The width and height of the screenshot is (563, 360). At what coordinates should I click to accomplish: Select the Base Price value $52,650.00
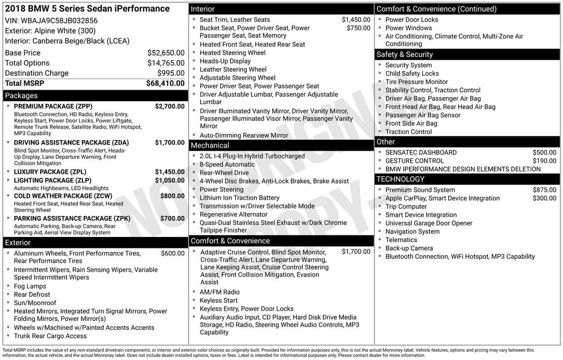165,53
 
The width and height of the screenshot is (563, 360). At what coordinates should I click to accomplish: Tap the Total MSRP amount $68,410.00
165,84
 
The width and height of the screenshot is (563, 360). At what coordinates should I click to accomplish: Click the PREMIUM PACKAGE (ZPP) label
53,106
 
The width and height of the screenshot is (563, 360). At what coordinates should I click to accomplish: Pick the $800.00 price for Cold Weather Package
172,196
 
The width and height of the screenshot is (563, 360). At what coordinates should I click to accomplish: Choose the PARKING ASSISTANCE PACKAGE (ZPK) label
72,218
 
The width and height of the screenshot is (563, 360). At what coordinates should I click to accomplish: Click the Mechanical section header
209,146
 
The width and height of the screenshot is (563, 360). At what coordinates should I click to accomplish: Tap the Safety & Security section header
405,54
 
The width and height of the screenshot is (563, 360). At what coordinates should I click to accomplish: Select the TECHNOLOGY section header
400,179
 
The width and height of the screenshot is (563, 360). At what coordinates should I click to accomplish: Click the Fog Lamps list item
30,286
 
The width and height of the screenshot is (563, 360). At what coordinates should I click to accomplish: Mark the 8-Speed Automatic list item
227,164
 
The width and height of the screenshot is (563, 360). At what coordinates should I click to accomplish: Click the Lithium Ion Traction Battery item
239,198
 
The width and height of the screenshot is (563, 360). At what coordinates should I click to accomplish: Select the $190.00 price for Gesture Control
544,161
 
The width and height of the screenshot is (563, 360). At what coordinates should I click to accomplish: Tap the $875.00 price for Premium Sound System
544,190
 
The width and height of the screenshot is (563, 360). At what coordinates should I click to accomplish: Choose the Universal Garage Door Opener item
429,223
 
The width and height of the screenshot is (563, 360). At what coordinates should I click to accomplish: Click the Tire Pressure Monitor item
417,82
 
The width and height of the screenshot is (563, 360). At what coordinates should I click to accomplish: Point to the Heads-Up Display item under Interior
225,62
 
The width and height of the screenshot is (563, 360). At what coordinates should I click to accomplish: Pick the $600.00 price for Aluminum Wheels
173,253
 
